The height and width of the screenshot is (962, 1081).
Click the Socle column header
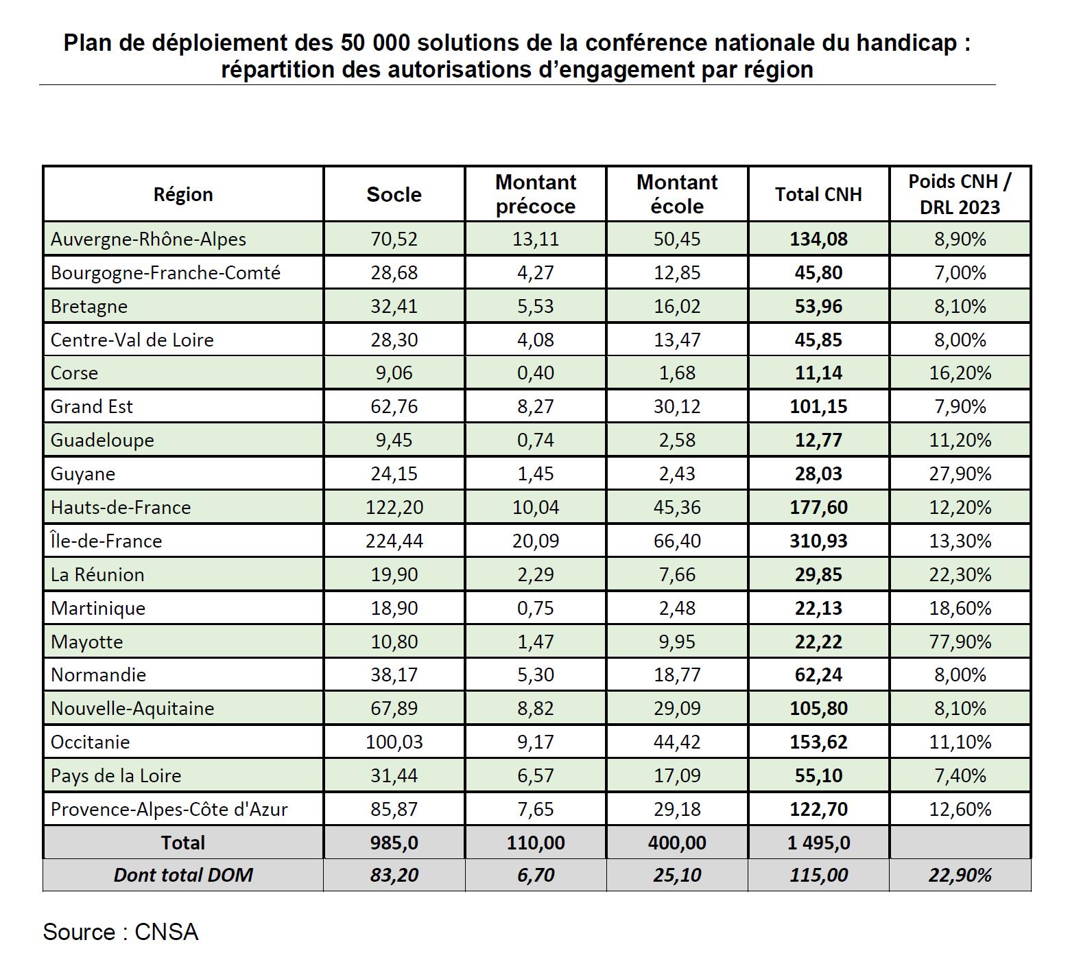pos(394,194)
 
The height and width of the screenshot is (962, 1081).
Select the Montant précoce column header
pos(536,194)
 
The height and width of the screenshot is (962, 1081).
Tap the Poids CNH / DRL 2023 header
pos(960,194)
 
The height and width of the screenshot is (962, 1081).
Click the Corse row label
pos(74,373)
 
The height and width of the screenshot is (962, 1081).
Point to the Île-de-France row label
pos(106,541)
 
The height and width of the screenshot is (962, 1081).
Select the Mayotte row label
pos(86,642)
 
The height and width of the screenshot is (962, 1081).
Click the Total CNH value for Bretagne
pos(818,306)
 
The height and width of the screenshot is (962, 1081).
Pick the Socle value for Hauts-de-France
pos(394,507)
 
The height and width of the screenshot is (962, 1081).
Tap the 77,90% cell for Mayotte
pos(960,642)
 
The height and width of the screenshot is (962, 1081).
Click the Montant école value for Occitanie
pos(677,742)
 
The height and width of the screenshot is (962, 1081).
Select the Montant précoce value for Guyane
pos(536,473)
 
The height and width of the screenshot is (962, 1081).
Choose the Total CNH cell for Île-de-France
pos(818,541)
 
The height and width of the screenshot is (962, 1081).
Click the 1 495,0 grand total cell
pos(818,843)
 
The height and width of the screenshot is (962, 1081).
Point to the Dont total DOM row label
pos(183,875)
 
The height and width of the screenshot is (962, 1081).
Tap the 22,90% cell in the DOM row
pos(960,875)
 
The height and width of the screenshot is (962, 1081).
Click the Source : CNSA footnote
pos(121,932)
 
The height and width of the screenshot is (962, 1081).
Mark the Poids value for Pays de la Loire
pos(960,775)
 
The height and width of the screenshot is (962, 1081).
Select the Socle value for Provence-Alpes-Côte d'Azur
pos(394,809)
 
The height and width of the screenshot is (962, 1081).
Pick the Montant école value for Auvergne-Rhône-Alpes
pos(677,239)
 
